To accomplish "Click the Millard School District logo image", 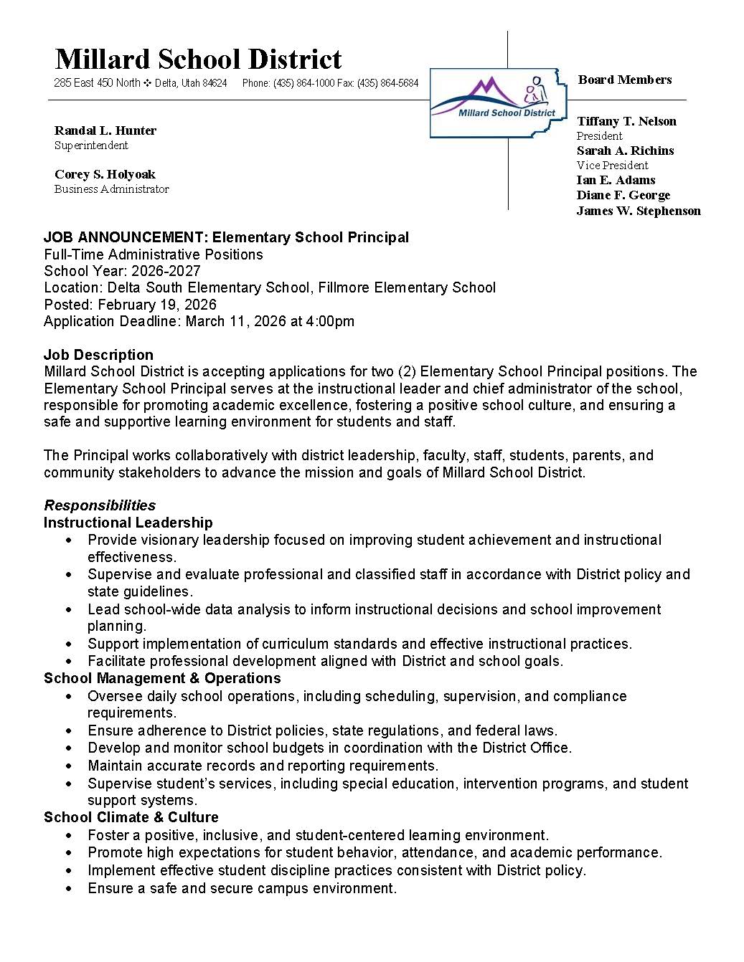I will coord(494,103).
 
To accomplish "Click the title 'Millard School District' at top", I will coord(198,59).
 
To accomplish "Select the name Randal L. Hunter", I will coord(105,130).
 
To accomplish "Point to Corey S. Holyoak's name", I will coord(105,174).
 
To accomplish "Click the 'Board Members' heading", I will coord(625,80).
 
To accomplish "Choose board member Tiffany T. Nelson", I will coord(626,121).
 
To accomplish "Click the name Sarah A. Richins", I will coord(625,151).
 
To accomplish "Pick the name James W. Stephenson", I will coord(639,211).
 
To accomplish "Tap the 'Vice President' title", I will coord(612,166).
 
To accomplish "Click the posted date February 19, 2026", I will coord(157,305).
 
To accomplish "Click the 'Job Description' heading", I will coord(98,355).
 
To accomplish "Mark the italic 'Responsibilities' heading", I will coord(100,505).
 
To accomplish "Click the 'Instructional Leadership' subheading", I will coord(128,523).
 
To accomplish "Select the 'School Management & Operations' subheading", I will coord(162,678).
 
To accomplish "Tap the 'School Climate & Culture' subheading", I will coord(131,817).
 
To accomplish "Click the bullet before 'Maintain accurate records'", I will coord(69,766).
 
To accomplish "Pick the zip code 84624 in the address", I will coord(215,83).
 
